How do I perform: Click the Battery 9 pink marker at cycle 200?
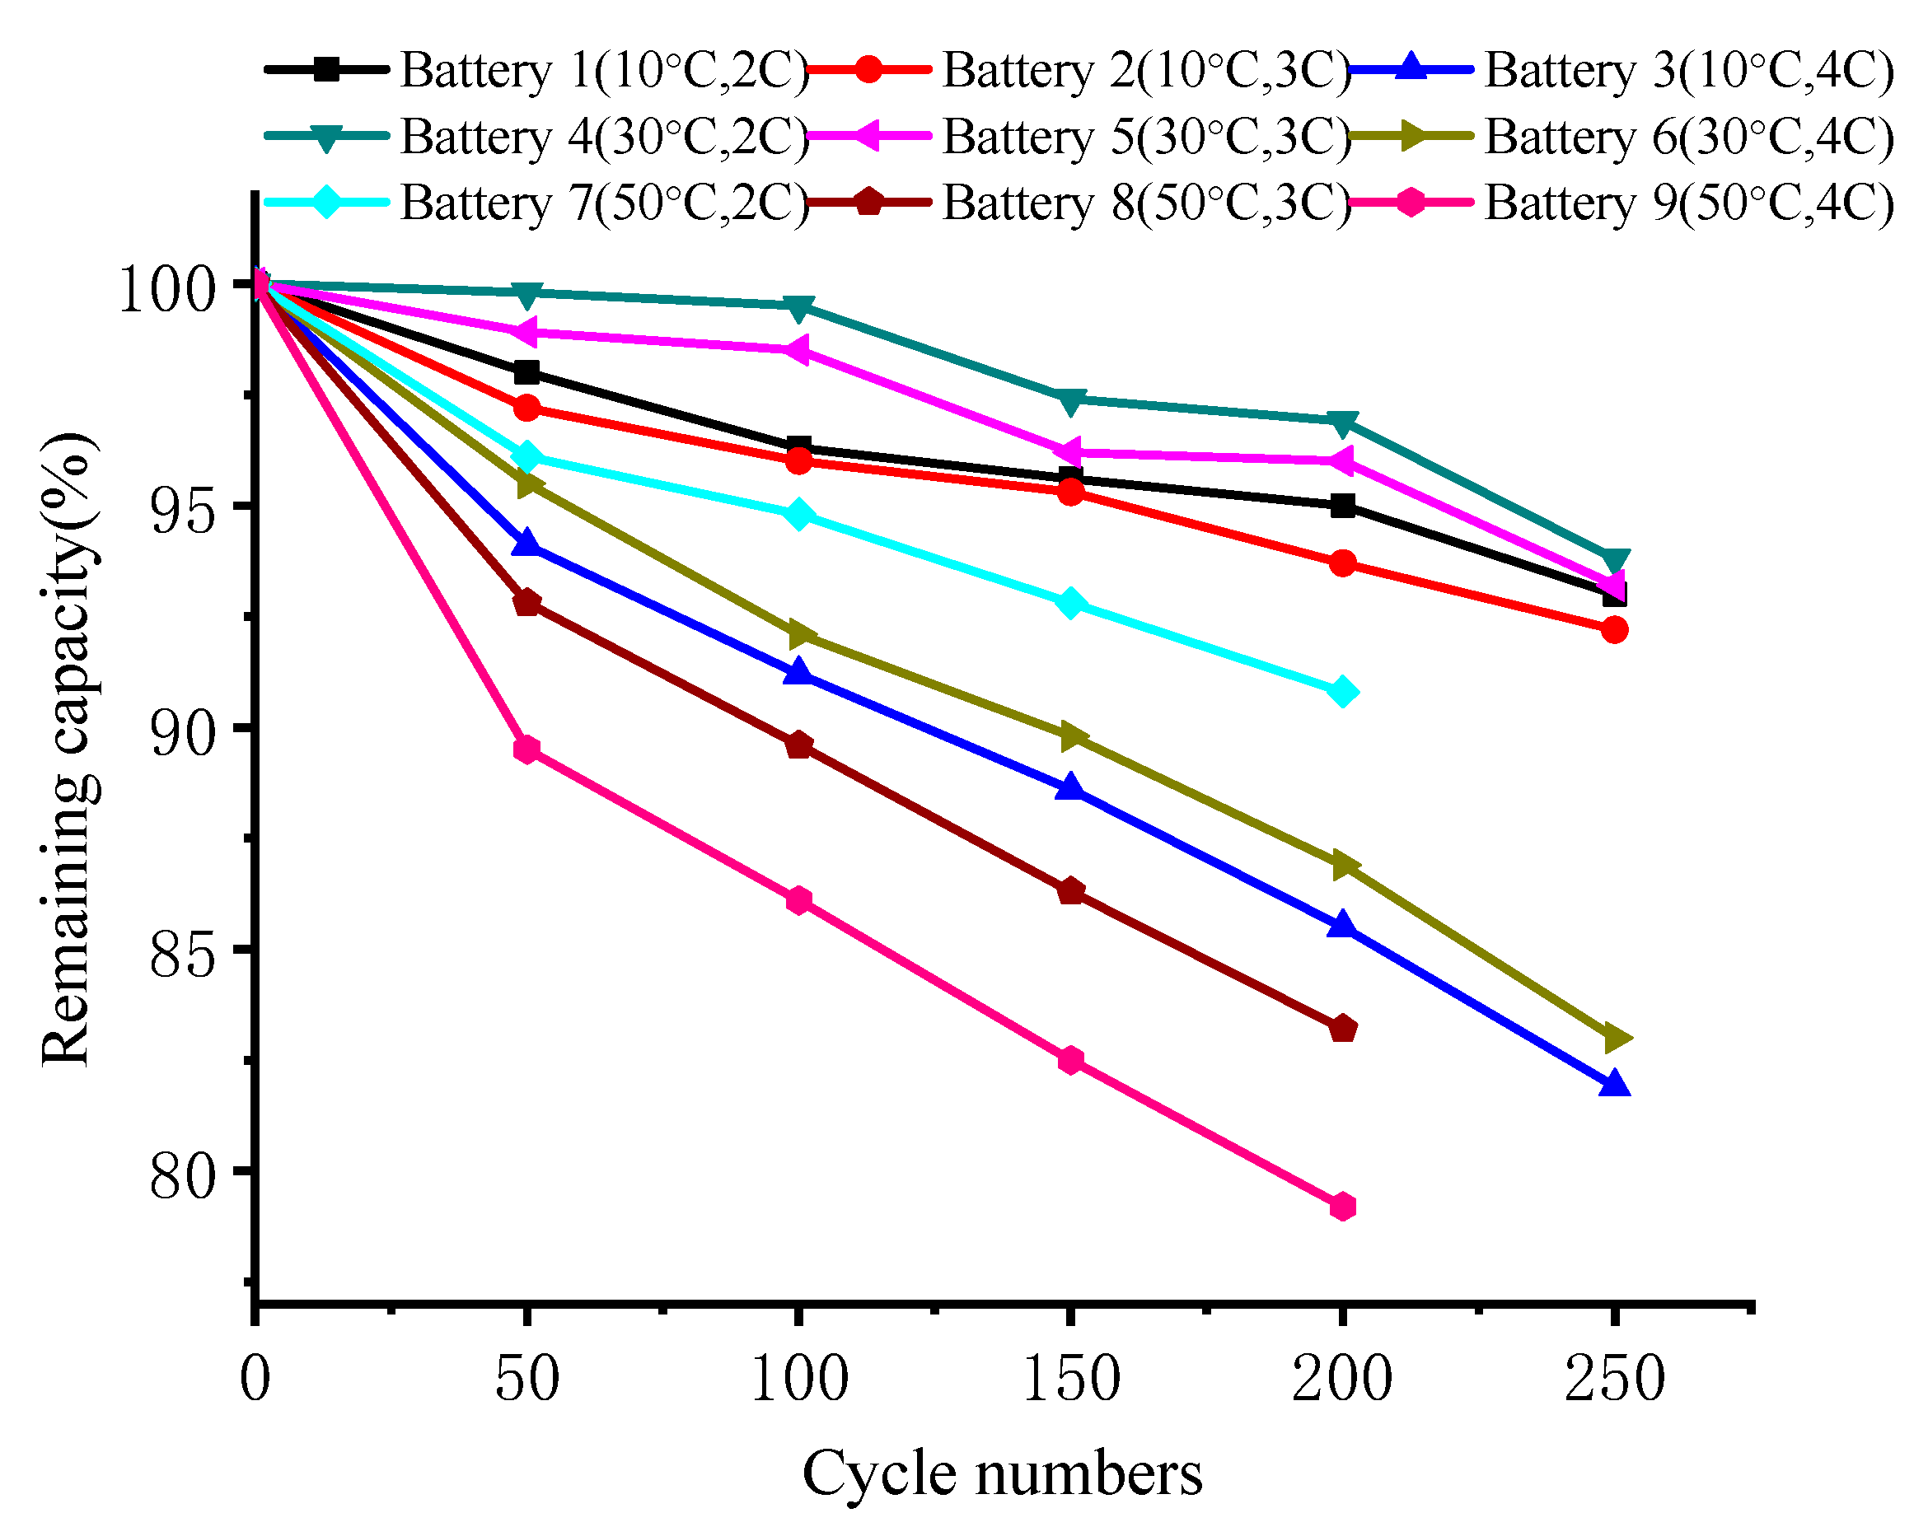(1342, 1207)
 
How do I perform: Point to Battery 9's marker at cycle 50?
(526, 749)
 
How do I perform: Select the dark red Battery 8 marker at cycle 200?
(1342, 1029)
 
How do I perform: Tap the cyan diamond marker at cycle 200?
(1342, 692)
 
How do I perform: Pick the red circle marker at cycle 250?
(1614, 630)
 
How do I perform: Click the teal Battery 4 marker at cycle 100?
(798, 306)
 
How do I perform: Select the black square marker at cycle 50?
(526, 372)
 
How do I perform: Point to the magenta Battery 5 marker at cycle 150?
(1069, 452)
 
